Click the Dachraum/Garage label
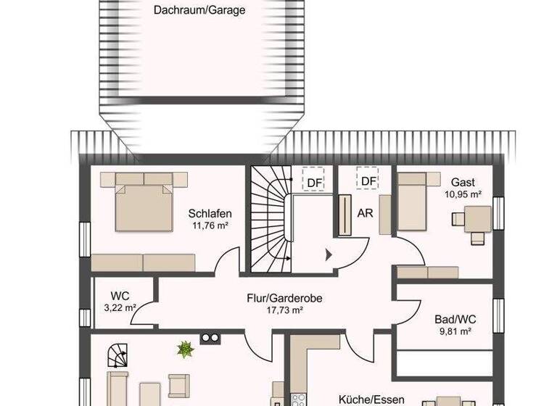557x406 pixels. (x=199, y=10)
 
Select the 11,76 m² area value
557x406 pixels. (x=210, y=225)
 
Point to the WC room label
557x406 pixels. (x=120, y=296)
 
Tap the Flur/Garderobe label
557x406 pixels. (x=283, y=297)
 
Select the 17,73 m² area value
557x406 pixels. (x=284, y=310)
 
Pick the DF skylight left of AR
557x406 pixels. (x=313, y=180)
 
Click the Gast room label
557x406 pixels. (x=463, y=182)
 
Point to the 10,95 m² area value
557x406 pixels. (x=463, y=194)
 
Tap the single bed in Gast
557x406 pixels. (x=414, y=198)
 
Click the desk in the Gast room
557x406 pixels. (x=476, y=217)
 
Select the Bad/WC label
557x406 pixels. (x=454, y=319)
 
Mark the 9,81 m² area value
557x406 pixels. (x=454, y=331)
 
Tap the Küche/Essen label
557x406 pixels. (x=371, y=399)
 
